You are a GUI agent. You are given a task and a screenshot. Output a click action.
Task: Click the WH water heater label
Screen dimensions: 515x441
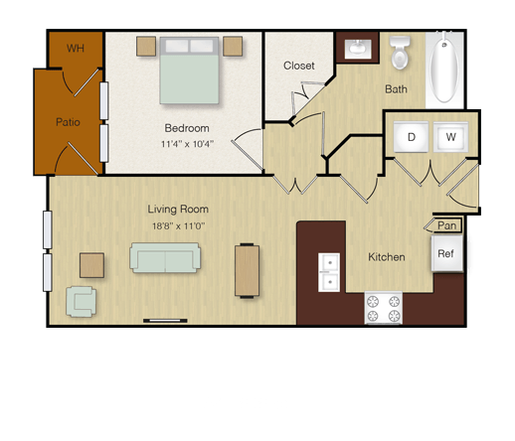76,49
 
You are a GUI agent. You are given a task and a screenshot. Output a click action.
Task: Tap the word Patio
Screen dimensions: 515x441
68,122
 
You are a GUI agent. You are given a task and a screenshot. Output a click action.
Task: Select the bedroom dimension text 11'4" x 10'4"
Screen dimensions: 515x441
187,144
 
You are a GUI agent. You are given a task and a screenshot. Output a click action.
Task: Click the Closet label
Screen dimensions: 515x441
299,66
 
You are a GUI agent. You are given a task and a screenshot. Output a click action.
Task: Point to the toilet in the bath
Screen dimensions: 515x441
400,53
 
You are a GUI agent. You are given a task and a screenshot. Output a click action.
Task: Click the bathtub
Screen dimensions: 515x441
444,71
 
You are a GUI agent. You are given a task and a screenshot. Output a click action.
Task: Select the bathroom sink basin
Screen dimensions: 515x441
358,49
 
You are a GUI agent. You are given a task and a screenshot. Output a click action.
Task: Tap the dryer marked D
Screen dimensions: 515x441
411,137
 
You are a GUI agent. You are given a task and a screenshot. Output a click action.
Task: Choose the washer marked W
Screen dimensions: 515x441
450,137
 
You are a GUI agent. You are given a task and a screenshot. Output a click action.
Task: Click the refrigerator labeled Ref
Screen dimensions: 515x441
446,253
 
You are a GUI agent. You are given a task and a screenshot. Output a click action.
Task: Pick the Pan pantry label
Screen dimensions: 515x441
446,225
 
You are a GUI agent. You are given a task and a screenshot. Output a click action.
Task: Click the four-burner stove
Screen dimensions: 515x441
384,308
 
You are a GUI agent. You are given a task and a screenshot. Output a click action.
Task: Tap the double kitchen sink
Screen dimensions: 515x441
329,272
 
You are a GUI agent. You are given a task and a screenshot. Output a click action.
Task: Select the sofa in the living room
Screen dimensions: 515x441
165,257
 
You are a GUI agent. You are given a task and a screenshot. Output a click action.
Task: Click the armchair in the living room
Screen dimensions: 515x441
81,302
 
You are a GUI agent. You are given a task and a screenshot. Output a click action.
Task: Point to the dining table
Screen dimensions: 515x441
247,270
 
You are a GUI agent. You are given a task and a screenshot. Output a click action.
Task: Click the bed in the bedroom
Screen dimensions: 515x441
189,71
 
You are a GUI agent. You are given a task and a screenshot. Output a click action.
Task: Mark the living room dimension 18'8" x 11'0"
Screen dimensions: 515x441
178,226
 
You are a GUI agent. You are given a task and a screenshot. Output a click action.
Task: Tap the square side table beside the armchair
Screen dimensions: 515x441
91,265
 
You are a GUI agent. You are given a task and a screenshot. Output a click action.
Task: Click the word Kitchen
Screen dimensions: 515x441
387,257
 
